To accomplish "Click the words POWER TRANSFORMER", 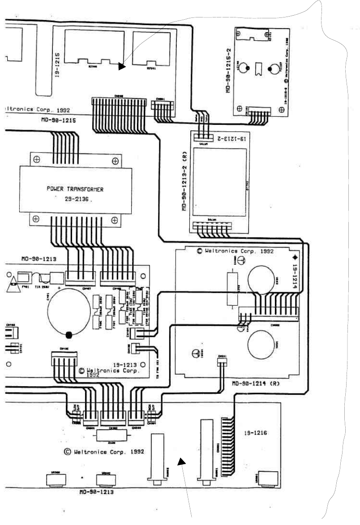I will (x=75, y=189).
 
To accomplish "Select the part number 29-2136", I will (x=77, y=201).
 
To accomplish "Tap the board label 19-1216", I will (x=256, y=434).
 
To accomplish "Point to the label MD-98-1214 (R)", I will (x=257, y=384).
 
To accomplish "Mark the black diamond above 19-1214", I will (x=295, y=258).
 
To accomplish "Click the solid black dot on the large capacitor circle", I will (x=69, y=335).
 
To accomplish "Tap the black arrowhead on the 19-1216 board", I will (x=181, y=461).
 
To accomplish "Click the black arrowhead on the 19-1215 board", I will (x=122, y=67).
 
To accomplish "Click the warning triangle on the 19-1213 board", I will (x=13, y=283).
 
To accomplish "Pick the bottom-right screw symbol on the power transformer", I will (x=115, y=220).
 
